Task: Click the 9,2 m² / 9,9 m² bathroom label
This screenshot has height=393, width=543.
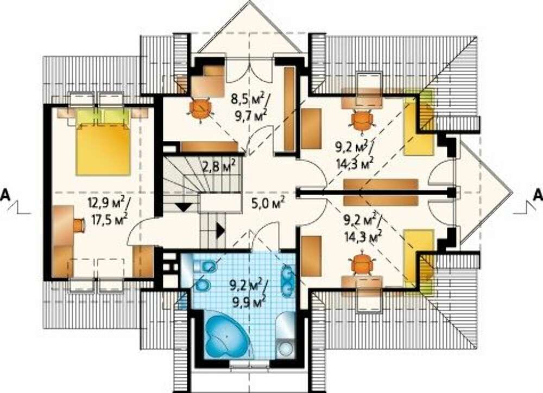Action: click(248, 292)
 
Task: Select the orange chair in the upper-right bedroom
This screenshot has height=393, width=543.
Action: click(362, 120)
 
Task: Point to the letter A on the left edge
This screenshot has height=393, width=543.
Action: click(5, 195)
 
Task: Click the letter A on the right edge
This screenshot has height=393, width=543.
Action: click(538, 195)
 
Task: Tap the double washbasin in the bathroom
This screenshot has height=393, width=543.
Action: click(287, 280)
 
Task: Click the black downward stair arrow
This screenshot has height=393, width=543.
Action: click(183, 207)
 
